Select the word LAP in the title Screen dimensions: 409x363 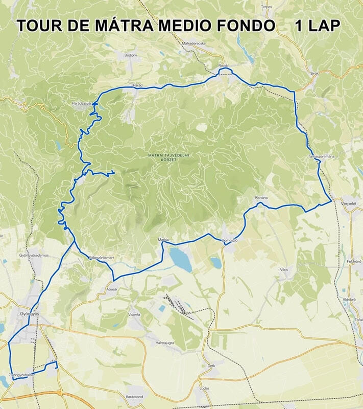pyautogui.click(x=323, y=26)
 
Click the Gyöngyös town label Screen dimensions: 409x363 pyautogui.click(x=30, y=313)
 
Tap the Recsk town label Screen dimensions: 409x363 pyautogui.click(x=223, y=66)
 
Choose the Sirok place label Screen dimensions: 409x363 pyautogui.click(x=314, y=74)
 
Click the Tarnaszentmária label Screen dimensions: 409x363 pyautogui.click(x=321, y=156)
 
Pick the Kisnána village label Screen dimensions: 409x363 pyautogui.click(x=261, y=197)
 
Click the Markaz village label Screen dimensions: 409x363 pyautogui.click(x=163, y=239)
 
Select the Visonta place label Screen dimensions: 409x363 pyautogui.click(x=134, y=314)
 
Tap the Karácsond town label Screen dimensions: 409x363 pyautogui.click(x=135, y=396)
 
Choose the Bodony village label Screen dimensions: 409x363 pyautogui.click(x=131, y=55)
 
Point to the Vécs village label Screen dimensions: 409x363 pyautogui.click(x=284, y=269)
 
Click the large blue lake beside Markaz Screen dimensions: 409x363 pyautogui.click(x=181, y=258)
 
